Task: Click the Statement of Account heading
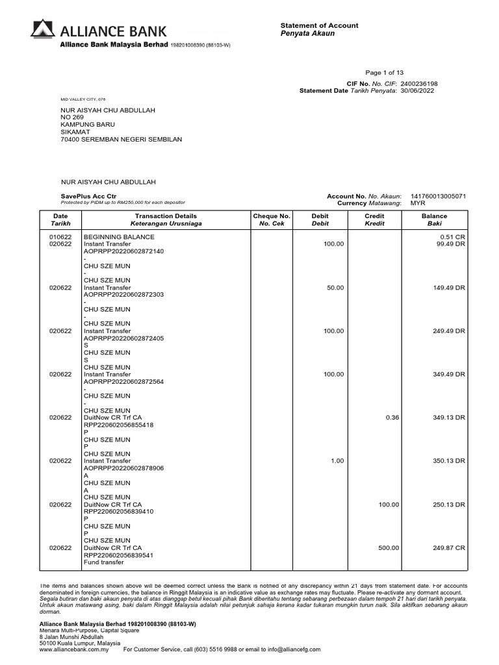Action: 319,25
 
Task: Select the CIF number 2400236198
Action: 419,84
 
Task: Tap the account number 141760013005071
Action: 438,196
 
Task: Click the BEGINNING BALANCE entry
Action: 119,237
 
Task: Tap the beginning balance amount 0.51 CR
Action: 452,237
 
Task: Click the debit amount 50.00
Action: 335,288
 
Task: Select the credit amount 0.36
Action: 392,418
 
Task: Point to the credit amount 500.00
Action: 389,548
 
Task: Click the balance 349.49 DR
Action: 449,375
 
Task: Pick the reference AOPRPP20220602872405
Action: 123,338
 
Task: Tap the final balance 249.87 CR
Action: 449,548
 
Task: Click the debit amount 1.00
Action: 337,461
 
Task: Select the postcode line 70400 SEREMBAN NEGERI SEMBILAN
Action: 121,139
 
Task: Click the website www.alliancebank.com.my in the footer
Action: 74,649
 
